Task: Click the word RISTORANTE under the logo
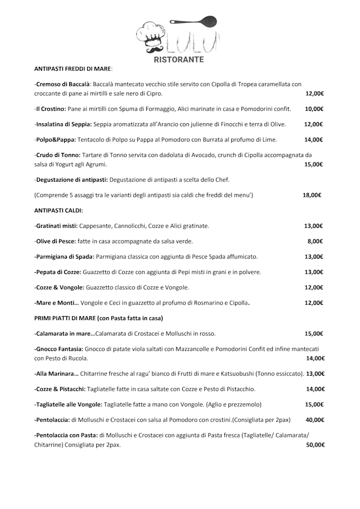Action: coord(179,59)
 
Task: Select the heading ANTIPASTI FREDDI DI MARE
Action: coord(73,69)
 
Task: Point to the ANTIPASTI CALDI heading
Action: coord(58,210)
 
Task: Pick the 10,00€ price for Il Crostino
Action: coord(314,109)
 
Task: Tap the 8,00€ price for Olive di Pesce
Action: coord(315,241)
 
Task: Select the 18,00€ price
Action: coord(312,195)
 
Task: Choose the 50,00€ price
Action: coord(315,444)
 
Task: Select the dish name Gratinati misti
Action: coord(56,226)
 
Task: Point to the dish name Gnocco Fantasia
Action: coord(59,349)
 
